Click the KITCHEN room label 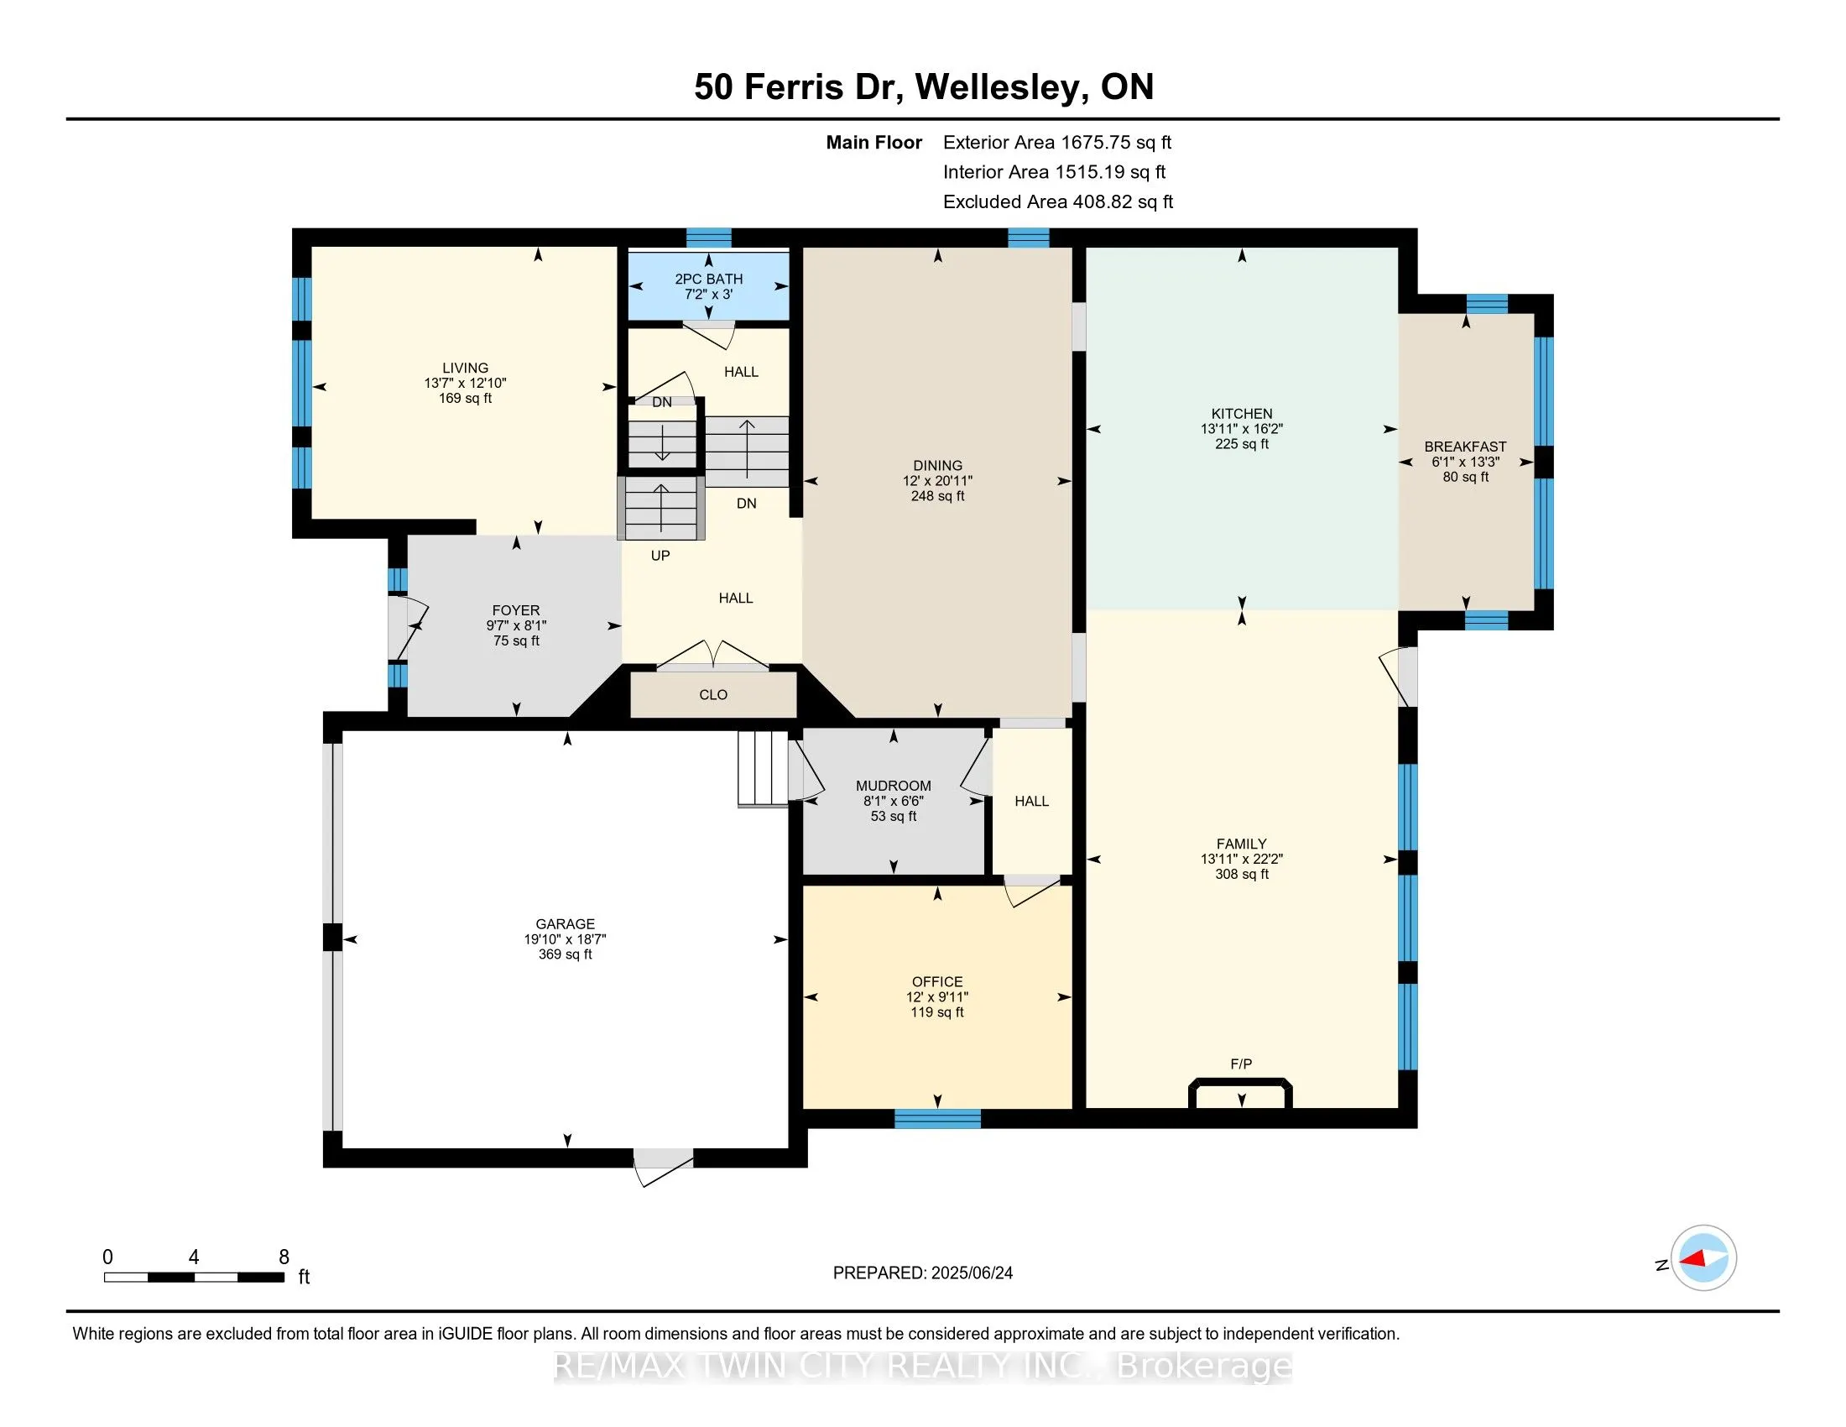pyautogui.click(x=1242, y=413)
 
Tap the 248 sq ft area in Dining pyautogui.click(x=937, y=496)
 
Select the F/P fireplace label pyautogui.click(x=1241, y=1064)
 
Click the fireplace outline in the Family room pyautogui.click(x=1241, y=1082)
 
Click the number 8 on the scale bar pyautogui.click(x=284, y=1257)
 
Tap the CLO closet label pyautogui.click(x=713, y=695)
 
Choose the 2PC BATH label pyautogui.click(x=708, y=279)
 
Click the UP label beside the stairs pyautogui.click(x=660, y=556)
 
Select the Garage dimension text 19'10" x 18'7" pyautogui.click(x=565, y=939)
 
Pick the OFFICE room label pyautogui.click(x=937, y=981)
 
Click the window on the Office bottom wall pyautogui.click(x=937, y=1119)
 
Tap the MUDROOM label pyautogui.click(x=894, y=787)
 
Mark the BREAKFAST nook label pyautogui.click(x=1466, y=447)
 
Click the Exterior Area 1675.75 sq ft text pyautogui.click(x=1057, y=142)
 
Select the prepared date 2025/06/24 pyautogui.click(x=972, y=1273)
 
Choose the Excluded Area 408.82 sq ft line pyautogui.click(x=1058, y=201)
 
